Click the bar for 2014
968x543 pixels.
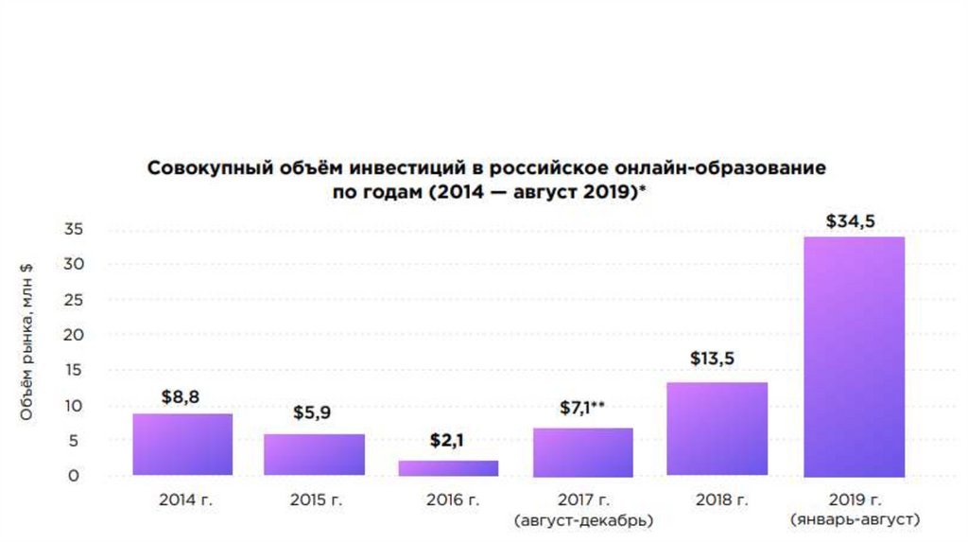[x=182, y=445]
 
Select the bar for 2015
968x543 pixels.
[x=315, y=455]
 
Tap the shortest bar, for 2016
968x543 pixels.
[x=448, y=468]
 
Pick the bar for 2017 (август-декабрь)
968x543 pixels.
[x=583, y=452]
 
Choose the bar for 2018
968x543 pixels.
[x=717, y=429]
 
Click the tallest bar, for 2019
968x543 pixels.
[x=854, y=357]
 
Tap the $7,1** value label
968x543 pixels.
[x=582, y=408]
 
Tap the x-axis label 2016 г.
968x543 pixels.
[x=448, y=500]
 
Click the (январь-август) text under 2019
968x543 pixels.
[x=855, y=519]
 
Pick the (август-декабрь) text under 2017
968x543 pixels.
[x=583, y=519]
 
